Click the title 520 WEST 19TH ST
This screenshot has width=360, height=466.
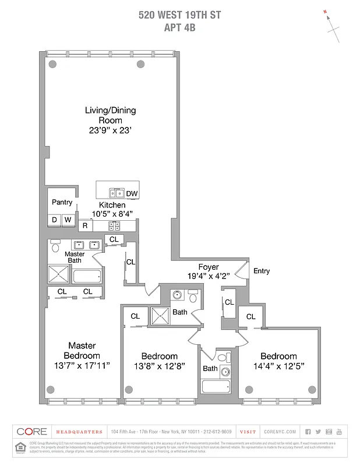click(179, 16)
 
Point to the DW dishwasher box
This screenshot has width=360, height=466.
click(132, 193)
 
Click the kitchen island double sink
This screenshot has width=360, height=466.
click(117, 193)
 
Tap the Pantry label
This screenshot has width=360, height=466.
click(62, 203)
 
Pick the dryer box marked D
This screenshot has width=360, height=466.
click(54, 220)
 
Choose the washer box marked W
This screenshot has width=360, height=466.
click(68, 220)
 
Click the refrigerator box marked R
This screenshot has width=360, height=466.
click(85, 225)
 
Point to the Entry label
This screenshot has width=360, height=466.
click(262, 271)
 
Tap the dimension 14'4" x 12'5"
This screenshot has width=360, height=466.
click(278, 366)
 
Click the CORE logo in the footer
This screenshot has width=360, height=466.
click(31, 432)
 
